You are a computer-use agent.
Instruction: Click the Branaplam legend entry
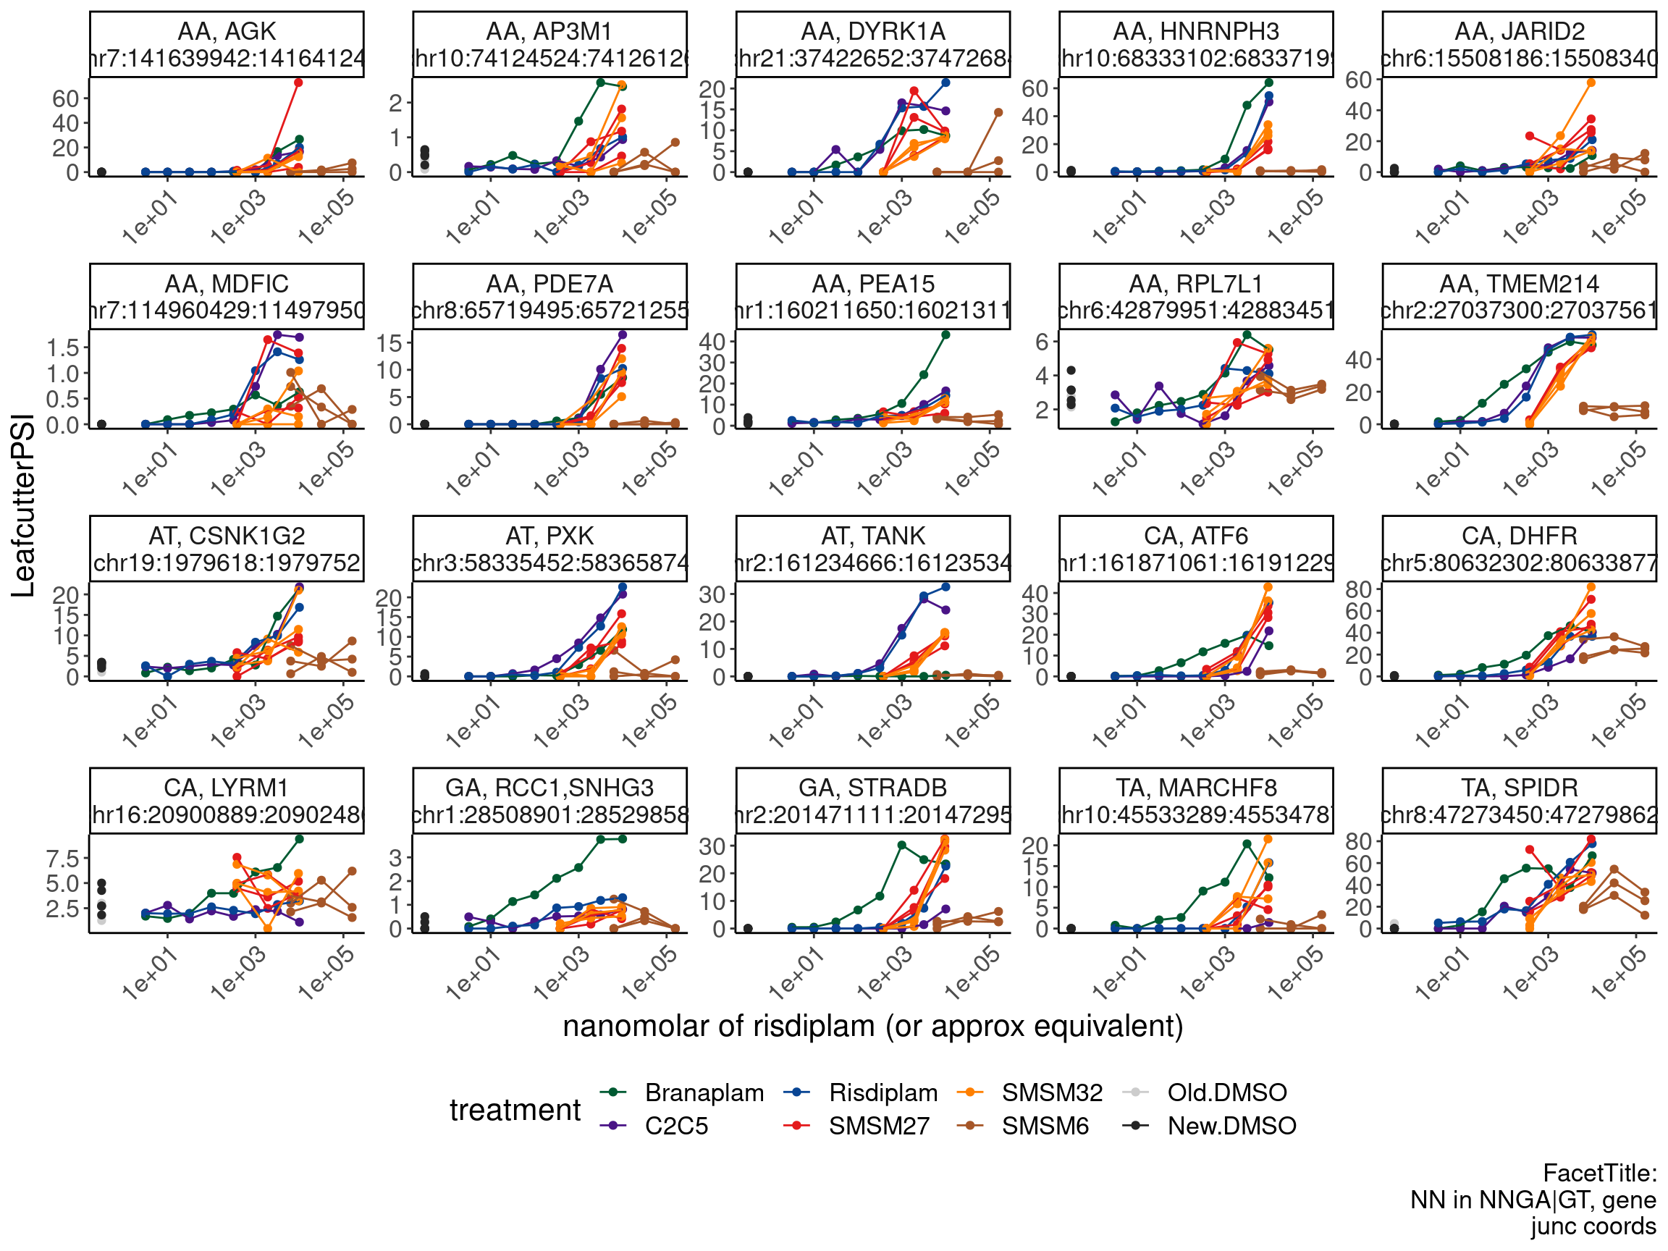[704, 1092]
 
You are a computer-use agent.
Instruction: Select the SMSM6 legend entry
[1045, 1125]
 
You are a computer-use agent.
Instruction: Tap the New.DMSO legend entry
[1231, 1125]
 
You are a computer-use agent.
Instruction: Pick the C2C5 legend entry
[675, 1125]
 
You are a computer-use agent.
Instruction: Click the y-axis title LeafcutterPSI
[23, 505]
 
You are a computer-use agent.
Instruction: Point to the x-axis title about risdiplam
[872, 1026]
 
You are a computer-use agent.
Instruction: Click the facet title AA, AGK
[226, 32]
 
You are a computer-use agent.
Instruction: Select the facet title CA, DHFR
[1519, 536]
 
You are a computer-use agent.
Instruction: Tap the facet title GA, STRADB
[872, 787]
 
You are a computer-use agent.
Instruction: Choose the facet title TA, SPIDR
[1519, 787]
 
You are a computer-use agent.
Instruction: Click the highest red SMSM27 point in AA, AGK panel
[298, 83]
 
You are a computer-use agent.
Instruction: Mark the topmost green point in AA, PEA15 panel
[945, 334]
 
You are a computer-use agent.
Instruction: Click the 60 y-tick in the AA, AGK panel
[66, 98]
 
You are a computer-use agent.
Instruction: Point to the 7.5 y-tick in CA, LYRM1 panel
[62, 858]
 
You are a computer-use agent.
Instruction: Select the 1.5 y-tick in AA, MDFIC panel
[62, 347]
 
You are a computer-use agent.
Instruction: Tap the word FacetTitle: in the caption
[1598, 1173]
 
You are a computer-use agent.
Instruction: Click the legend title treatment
[515, 1109]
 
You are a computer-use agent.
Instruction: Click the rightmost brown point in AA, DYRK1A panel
[998, 112]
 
